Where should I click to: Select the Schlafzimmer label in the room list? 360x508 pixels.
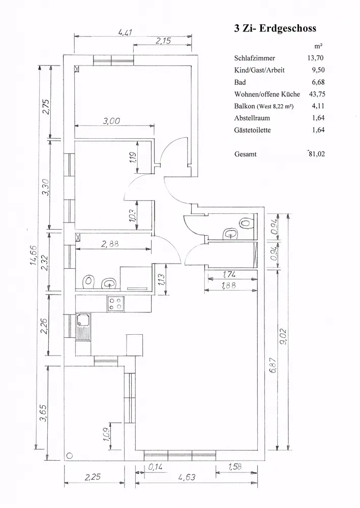pyautogui.click(x=255, y=58)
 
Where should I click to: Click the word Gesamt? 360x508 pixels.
pyautogui.click(x=245, y=154)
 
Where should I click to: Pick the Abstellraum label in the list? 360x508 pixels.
pyautogui.click(x=252, y=118)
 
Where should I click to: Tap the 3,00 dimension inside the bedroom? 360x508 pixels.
pyautogui.click(x=111, y=121)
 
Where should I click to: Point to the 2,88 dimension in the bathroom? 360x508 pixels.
pyautogui.click(x=110, y=244)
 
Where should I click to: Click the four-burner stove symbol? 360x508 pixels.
pyautogui.click(x=115, y=304)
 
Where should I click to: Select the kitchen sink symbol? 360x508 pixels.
pyautogui.click(x=83, y=322)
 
